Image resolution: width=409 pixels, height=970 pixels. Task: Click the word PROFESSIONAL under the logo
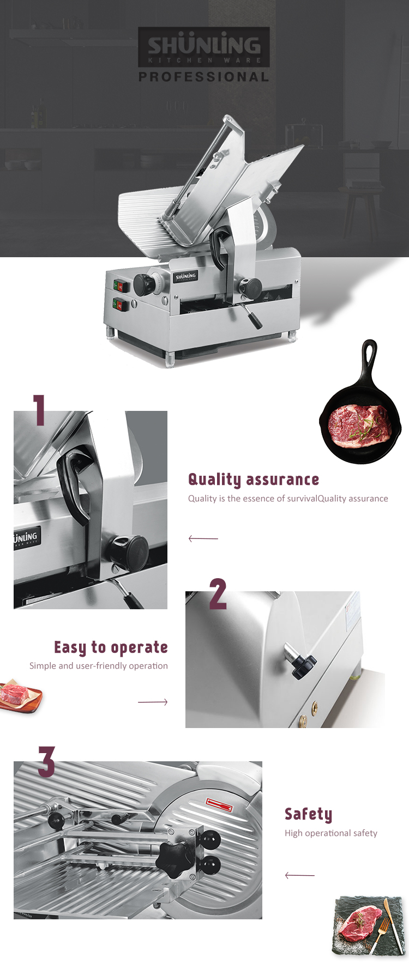click(203, 77)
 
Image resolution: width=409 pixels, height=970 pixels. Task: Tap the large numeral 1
click(39, 410)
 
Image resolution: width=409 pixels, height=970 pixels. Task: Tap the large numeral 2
click(218, 594)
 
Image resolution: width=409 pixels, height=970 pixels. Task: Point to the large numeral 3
click(46, 762)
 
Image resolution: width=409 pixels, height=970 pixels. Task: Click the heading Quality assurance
click(254, 480)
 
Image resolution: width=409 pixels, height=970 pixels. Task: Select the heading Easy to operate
click(111, 647)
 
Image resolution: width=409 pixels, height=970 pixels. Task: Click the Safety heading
click(308, 814)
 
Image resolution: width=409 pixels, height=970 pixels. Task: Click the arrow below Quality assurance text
click(203, 538)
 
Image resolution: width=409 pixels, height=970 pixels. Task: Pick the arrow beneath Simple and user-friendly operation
click(153, 702)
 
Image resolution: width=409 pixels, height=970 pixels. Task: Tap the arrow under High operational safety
click(299, 875)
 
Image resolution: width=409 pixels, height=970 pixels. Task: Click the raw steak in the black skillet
click(360, 425)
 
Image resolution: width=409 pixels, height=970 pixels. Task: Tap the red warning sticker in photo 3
click(219, 803)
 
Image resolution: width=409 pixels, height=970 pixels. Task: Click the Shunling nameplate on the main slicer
click(185, 276)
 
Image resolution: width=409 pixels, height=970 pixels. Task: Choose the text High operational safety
click(330, 833)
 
